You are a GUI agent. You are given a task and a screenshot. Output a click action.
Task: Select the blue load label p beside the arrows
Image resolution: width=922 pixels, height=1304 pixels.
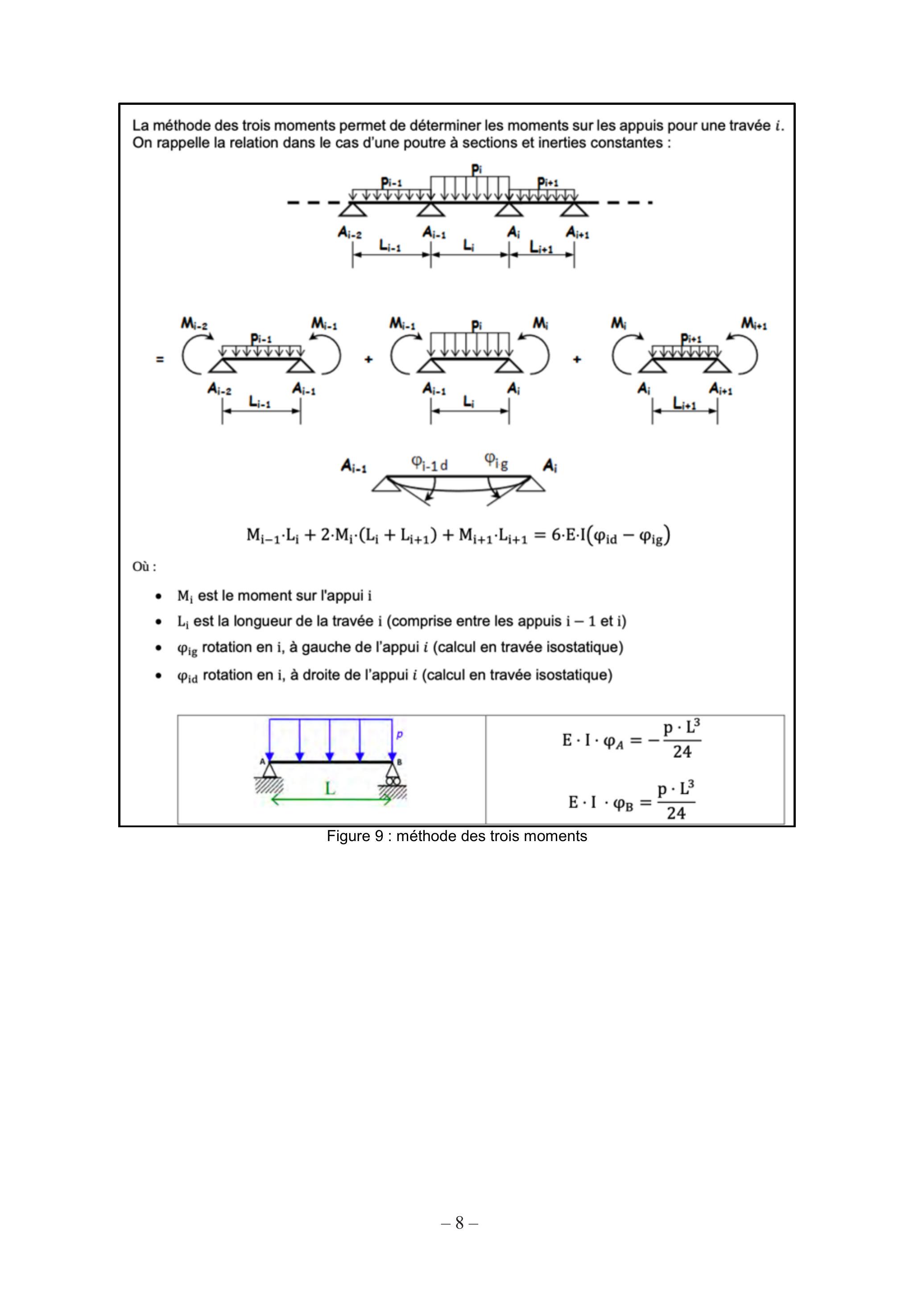(x=399, y=735)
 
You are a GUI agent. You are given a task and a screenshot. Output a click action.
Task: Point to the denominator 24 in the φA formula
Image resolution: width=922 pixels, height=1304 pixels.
(x=682, y=752)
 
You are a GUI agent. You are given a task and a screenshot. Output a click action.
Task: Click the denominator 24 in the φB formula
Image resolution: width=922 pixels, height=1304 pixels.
(x=676, y=813)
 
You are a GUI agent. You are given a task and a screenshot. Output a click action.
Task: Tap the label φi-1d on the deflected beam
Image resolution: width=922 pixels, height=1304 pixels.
(x=430, y=464)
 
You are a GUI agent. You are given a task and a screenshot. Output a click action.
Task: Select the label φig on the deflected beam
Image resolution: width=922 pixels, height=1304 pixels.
(x=496, y=461)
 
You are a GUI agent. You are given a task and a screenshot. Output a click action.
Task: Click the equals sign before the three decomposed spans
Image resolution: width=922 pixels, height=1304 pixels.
(x=160, y=359)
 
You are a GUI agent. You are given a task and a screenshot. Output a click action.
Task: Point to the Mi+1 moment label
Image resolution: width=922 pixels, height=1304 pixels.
(x=754, y=324)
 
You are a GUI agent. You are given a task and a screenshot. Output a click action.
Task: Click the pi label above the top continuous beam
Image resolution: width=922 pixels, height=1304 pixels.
(x=477, y=169)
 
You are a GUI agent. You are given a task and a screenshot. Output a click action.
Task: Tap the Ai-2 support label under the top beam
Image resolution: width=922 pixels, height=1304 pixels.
(x=350, y=232)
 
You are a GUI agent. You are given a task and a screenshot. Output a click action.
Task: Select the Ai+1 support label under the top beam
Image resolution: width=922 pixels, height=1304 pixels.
(x=578, y=232)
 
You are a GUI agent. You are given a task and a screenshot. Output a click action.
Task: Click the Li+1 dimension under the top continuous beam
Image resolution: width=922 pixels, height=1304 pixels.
(x=542, y=247)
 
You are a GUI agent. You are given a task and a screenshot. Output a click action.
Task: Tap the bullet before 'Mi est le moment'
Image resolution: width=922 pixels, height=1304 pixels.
(x=158, y=596)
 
